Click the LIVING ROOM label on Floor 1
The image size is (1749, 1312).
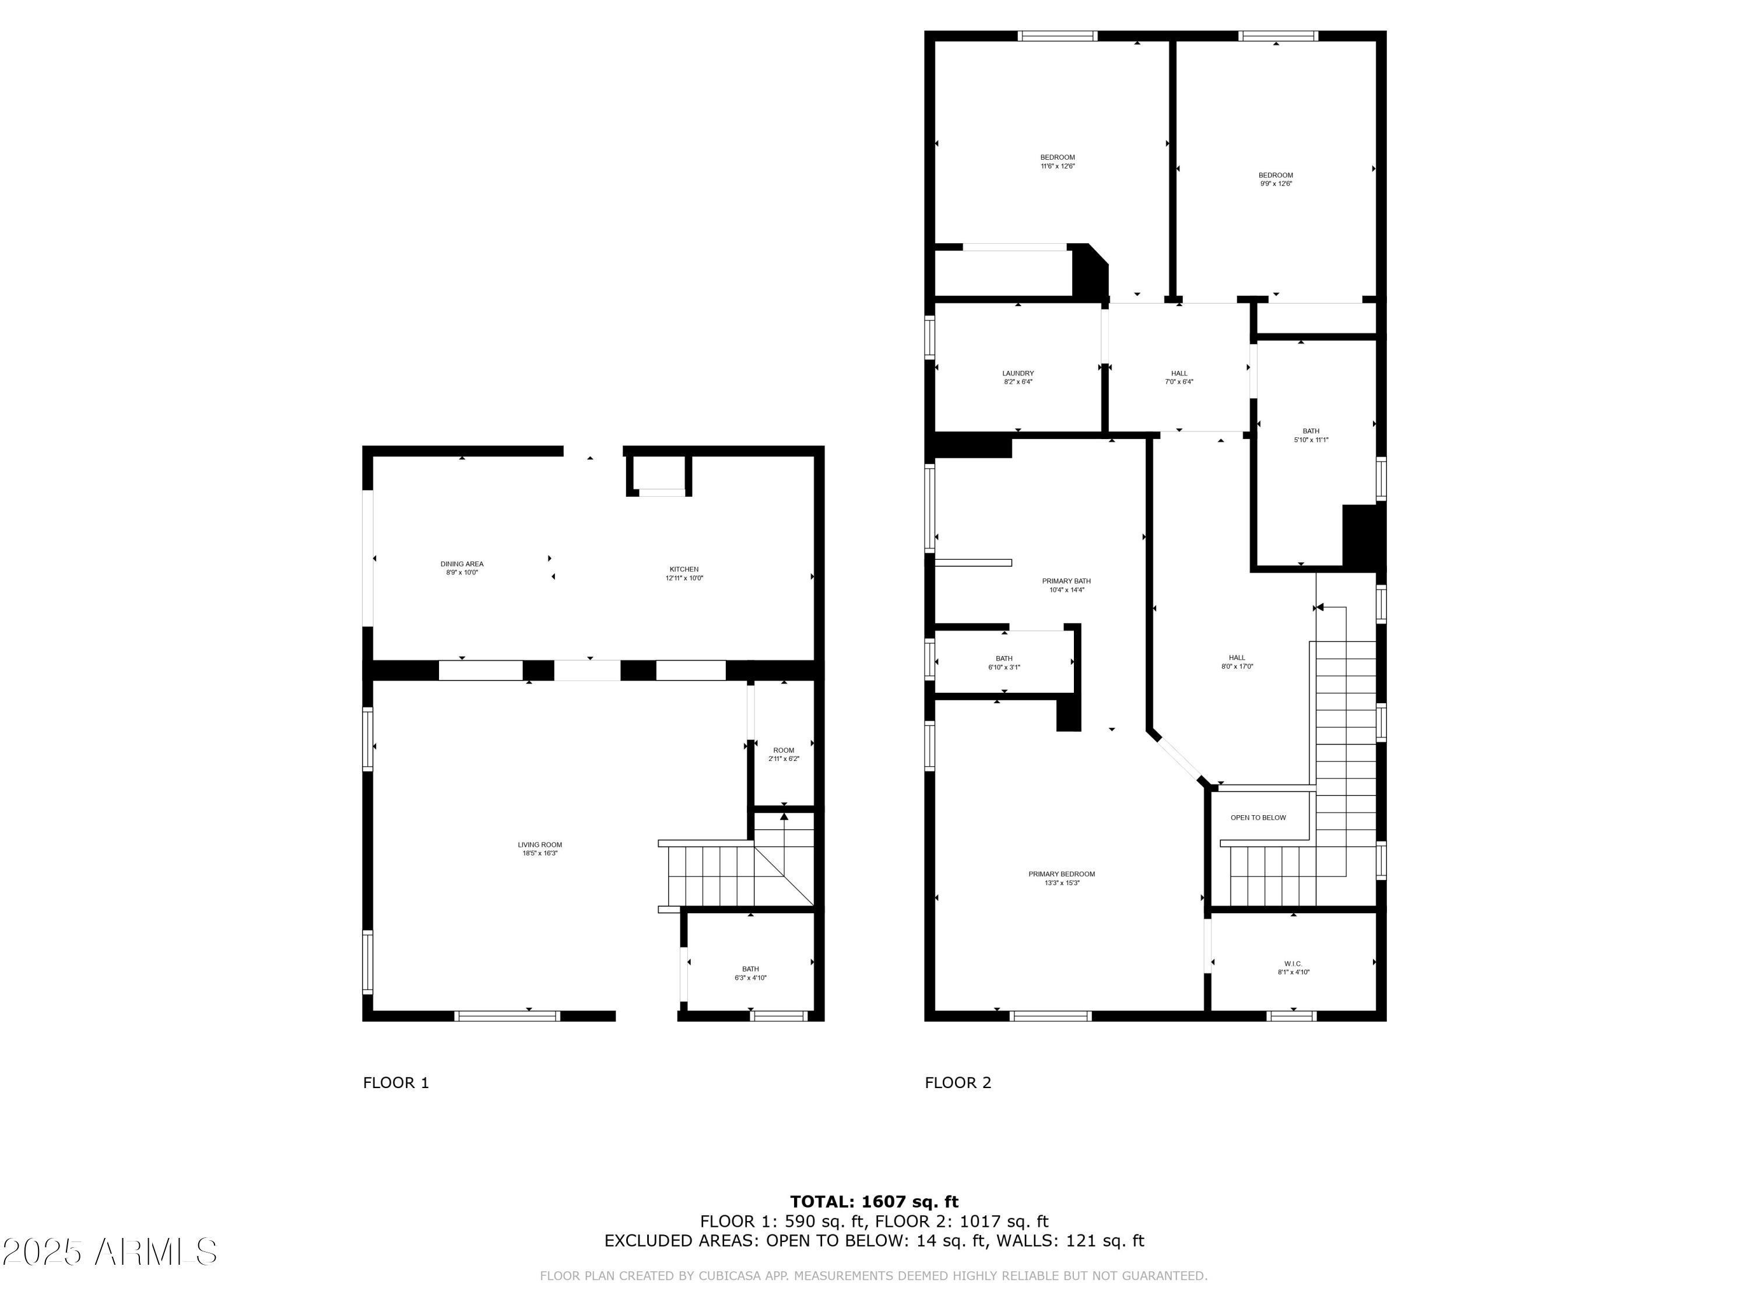coord(540,844)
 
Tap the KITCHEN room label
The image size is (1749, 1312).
coord(684,569)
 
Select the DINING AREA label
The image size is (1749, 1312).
coord(462,564)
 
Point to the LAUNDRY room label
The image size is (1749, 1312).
coord(1017,373)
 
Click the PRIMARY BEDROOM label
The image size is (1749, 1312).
coord(1061,874)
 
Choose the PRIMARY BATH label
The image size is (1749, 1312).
coord(1066,581)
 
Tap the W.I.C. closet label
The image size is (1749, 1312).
coord(1293,964)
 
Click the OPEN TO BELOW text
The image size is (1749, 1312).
coord(1258,818)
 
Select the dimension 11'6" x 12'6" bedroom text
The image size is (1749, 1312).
coord(1057,167)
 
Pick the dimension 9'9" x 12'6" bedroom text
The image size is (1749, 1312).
coord(1276,184)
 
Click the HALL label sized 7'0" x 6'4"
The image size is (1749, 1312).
coord(1179,373)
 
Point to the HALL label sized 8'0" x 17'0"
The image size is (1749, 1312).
coord(1237,658)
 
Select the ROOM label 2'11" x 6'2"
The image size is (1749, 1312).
coord(784,750)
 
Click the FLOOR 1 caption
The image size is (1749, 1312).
coord(395,1083)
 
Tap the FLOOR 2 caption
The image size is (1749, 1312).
coord(957,1083)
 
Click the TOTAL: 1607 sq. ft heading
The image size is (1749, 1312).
coord(874,1202)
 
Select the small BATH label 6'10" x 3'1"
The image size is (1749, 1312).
coord(1003,659)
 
